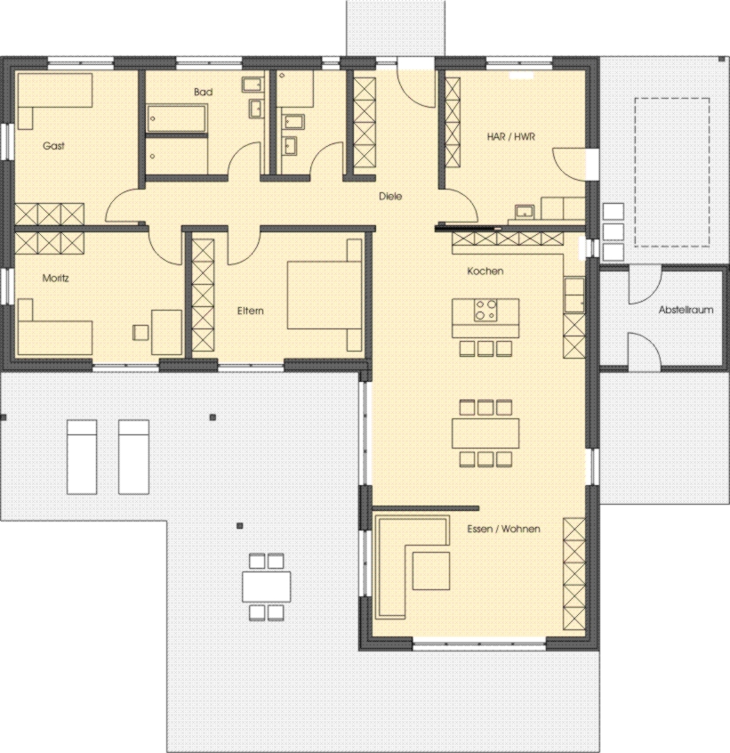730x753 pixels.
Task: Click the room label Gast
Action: click(x=53, y=146)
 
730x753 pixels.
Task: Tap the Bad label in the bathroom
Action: click(x=202, y=92)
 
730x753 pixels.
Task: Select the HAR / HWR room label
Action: click(x=509, y=137)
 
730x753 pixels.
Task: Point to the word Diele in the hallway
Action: click(x=390, y=197)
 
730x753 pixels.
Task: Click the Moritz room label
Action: click(x=56, y=278)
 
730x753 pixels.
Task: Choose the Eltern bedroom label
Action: click(x=250, y=311)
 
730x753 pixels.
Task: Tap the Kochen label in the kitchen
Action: click(x=485, y=271)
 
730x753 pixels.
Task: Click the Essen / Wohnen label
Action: click(x=503, y=529)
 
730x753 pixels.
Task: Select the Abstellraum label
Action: click(x=686, y=311)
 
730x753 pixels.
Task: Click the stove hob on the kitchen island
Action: click(x=485, y=311)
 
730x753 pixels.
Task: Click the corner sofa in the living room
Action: click(x=400, y=561)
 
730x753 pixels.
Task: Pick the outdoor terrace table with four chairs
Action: click(x=267, y=586)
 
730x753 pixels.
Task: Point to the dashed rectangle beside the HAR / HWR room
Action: click(x=671, y=172)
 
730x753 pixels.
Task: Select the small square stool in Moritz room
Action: click(x=140, y=332)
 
